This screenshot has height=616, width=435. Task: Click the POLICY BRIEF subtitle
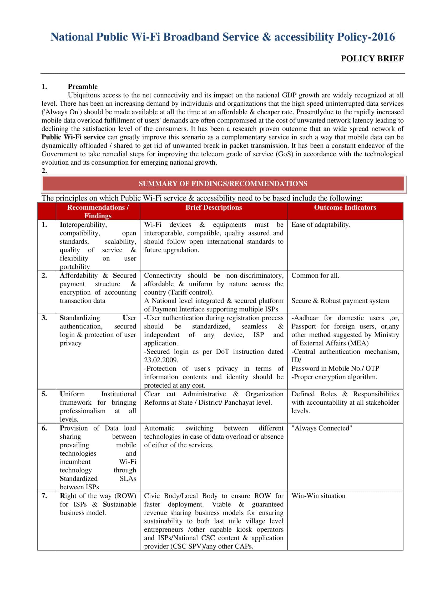click(x=372, y=58)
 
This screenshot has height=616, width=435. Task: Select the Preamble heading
click(x=83, y=86)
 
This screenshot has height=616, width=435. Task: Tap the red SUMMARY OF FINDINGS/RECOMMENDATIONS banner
click(x=223, y=184)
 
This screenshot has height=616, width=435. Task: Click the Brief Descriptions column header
click(x=214, y=207)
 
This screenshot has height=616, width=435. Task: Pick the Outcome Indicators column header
click(x=345, y=207)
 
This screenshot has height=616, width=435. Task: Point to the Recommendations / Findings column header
click(x=98, y=211)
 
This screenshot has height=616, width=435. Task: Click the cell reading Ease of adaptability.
click(x=321, y=224)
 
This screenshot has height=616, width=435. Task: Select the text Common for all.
click(x=315, y=275)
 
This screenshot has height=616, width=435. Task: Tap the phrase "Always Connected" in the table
click(x=321, y=428)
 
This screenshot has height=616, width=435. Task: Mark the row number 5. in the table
click(x=44, y=394)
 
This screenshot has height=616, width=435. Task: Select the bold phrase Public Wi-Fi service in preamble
click(x=73, y=137)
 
